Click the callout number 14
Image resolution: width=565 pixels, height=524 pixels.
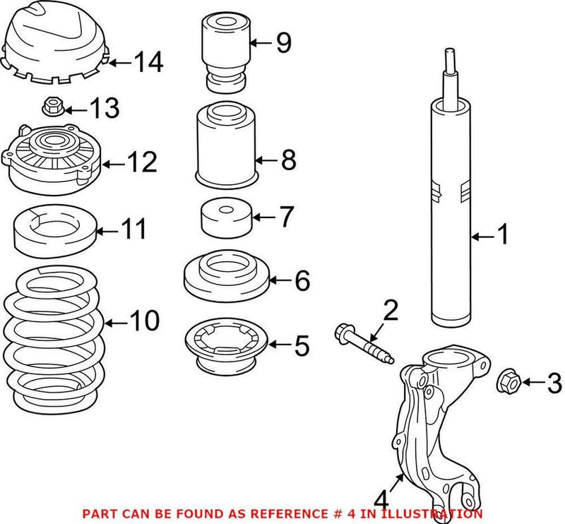point(149,63)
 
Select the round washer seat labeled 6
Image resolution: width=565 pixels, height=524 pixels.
point(225,277)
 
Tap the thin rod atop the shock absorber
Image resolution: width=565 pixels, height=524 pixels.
point(449,74)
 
